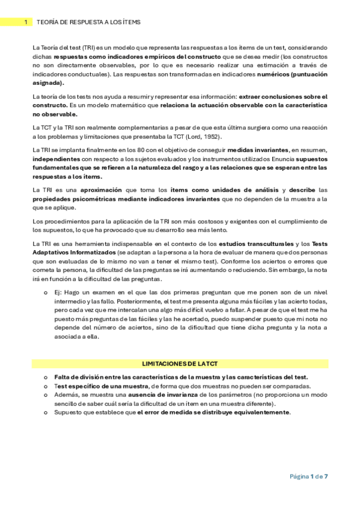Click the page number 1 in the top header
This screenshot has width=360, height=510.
(25, 22)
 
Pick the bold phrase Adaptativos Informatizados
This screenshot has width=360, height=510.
(72, 253)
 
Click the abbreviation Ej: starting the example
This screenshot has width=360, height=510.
(58, 291)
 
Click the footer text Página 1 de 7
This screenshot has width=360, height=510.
(308, 476)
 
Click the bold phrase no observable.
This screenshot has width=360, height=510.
(55, 114)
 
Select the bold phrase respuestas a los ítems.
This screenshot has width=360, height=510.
(67, 176)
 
